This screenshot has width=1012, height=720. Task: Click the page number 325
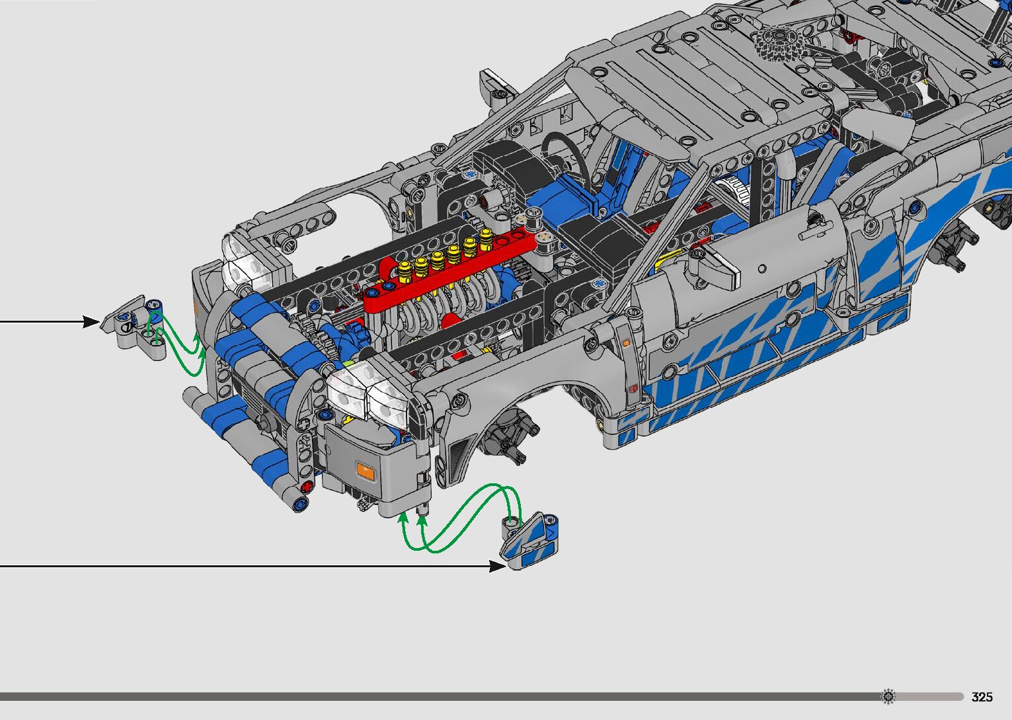click(982, 696)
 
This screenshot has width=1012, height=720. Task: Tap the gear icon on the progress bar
click(888, 696)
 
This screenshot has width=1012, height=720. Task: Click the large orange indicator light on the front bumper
click(365, 471)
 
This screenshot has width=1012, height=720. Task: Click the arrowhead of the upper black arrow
click(91, 322)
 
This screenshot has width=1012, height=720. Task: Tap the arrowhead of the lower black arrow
click(498, 565)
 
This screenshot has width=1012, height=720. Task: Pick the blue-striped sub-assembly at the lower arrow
click(529, 541)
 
